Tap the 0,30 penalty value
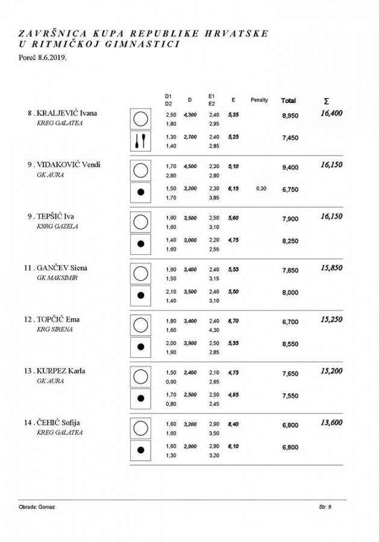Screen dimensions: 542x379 260,188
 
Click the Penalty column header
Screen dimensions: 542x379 260,100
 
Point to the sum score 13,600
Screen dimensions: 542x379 331,422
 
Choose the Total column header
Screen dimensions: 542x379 289,100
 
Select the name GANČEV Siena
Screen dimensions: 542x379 65,267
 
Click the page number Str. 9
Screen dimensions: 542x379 325,508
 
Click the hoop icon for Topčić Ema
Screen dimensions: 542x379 140,325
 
